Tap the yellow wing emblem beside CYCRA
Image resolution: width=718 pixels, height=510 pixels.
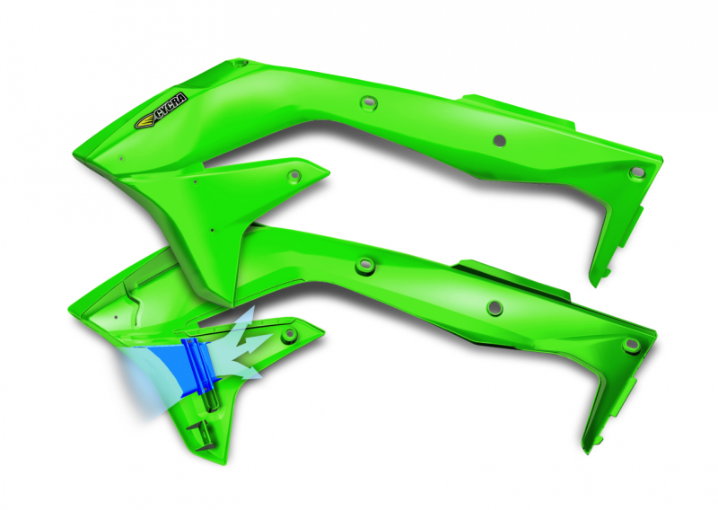click(x=144, y=121)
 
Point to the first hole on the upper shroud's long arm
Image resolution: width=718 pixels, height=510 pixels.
click(x=365, y=102)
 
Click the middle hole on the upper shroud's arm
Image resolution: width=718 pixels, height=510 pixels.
click(x=499, y=140)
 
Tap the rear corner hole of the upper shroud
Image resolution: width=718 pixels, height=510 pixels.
click(x=637, y=171)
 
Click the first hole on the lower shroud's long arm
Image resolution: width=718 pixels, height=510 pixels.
click(x=363, y=266)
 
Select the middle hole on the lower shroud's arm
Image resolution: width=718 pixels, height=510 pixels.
click(x=493, y=308)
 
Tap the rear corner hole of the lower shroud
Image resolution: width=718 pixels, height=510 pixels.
click(x=632, y=345)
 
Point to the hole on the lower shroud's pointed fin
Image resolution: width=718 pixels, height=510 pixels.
click(x=289, y=334)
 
